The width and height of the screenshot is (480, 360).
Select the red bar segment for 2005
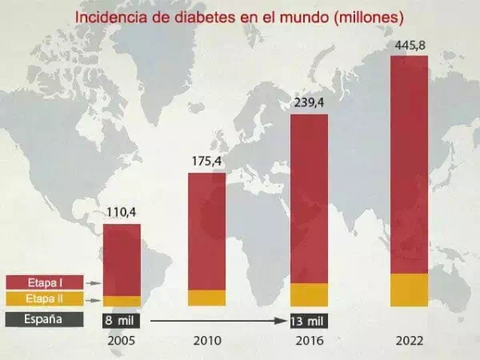(122, 260)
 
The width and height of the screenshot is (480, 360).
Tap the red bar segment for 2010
(206, 230)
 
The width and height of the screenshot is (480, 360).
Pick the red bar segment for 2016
(309, 198)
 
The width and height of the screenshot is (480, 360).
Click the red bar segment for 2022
(409, 164)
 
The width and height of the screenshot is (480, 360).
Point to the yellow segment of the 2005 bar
(122, 302)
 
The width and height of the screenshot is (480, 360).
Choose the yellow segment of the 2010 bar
(206, 298)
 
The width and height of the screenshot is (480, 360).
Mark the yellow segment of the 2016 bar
(309, 294)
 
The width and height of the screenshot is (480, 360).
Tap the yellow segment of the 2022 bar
(409, 290)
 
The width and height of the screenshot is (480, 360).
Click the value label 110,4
(122, 213)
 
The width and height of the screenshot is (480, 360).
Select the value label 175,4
(206, 162)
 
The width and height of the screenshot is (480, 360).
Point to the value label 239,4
(309, 103)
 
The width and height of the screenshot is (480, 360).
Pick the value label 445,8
(409, 45)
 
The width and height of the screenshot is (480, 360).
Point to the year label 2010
(206, 341)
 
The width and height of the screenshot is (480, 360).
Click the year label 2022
(409, 341)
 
